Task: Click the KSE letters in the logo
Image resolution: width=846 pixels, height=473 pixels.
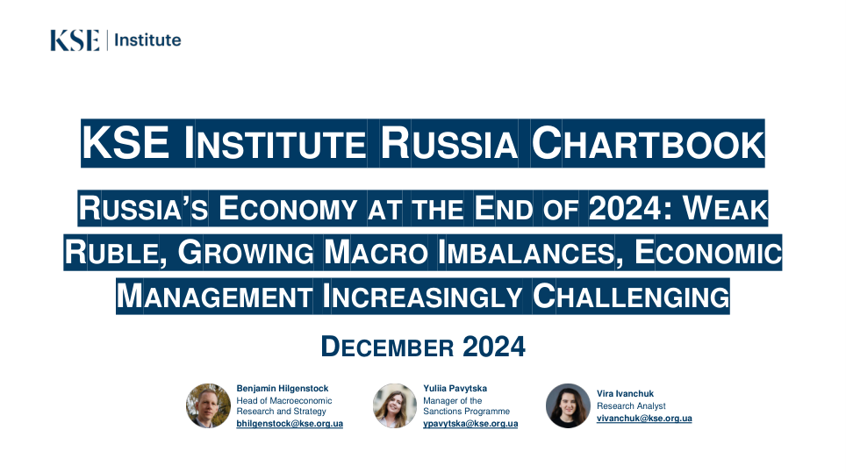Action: (75, 40)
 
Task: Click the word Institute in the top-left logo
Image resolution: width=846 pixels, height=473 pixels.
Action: (147, 39)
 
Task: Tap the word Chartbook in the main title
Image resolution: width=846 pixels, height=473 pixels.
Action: (648, 143)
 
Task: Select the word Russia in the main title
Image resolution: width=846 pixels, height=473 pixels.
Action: (449, 143)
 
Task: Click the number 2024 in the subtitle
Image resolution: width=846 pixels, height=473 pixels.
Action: (624, 208)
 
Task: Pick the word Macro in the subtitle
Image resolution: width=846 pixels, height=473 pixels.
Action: (376, 253)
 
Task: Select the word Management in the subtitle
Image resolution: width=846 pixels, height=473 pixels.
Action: (214, 297)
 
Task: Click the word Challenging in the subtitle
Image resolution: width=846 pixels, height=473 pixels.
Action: (631, 297)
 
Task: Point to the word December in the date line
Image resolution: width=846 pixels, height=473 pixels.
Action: (387, 347)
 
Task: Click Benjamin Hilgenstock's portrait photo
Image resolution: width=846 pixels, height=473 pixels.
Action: (208, 405)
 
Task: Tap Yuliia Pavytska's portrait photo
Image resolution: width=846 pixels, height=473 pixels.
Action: (395, 405)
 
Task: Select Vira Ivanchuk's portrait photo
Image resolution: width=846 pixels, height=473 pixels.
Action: (568, 405)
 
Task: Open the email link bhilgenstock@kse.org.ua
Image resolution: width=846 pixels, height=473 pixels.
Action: (290, 424)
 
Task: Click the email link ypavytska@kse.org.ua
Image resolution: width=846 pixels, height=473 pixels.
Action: (470, 424)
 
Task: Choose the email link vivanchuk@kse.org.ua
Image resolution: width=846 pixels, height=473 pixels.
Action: (644, 419)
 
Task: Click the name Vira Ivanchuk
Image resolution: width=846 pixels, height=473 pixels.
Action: (626, 394)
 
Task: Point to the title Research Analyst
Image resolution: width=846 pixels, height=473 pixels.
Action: (631, 406)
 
